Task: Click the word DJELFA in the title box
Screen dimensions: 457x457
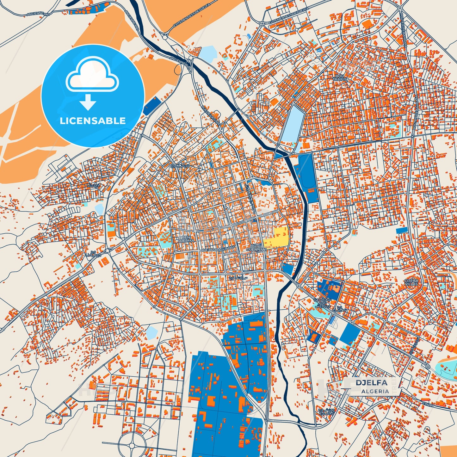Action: [x=371, y=383]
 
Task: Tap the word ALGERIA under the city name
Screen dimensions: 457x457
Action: [x=375, y=391]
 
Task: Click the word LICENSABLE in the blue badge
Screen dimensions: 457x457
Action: [x=93, y=120]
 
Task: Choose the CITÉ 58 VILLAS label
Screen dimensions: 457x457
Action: [x=411, y=282]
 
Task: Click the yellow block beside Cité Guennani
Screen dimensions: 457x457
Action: [x=276, y=238]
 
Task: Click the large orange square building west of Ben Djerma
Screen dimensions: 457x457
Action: [x=111, y=234]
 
